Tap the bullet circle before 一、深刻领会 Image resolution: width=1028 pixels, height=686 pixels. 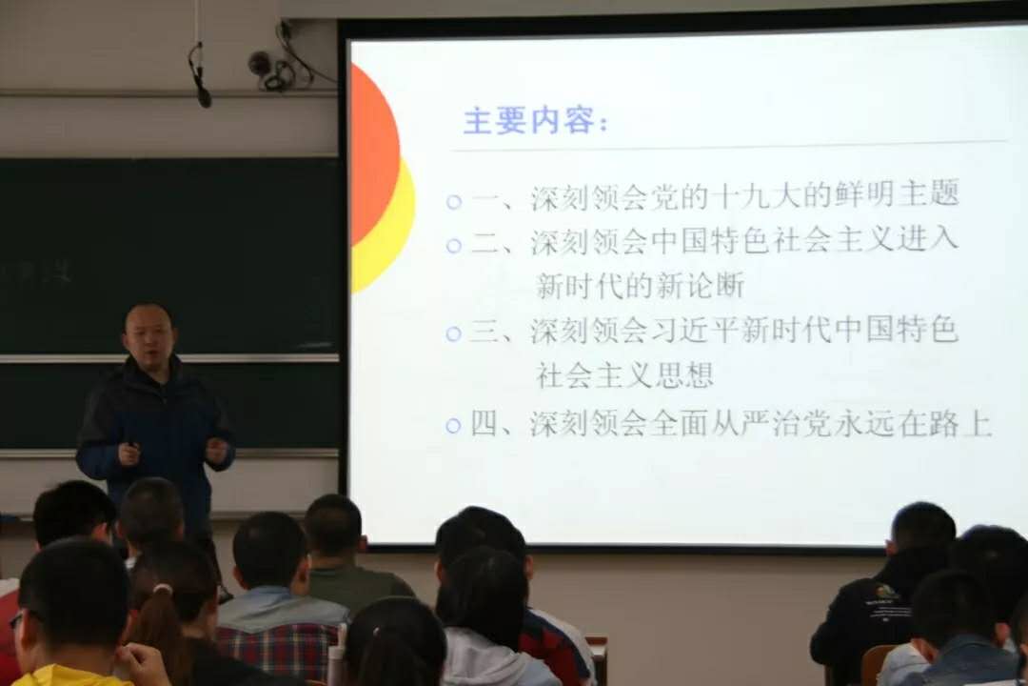tap(454, 202)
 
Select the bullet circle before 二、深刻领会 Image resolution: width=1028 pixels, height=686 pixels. tap(454, 246)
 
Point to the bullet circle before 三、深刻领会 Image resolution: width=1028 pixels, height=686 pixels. tap(454, 333)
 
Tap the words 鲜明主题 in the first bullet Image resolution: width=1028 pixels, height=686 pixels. tap(897, 193)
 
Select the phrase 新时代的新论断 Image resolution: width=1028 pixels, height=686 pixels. tap(641, 286)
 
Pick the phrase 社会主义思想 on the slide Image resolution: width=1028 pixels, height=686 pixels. tap(624, 374)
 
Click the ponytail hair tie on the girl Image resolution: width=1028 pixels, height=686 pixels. tap(161, 591)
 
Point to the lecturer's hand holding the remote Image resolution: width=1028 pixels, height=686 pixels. tap(129, 454)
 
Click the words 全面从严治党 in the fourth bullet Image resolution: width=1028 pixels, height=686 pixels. tap(741, 424)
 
